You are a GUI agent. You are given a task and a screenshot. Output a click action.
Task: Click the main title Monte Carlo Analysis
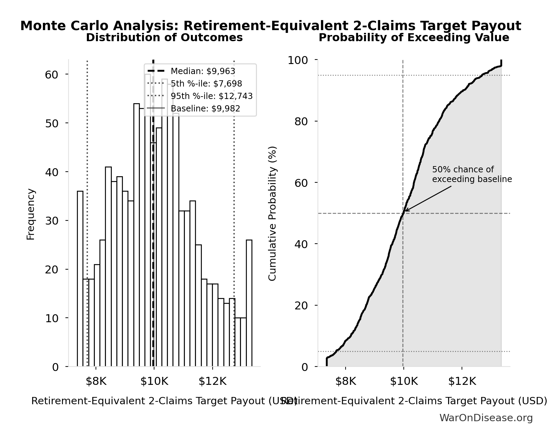(270, 26)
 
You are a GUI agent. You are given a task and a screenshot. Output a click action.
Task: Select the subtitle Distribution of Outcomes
(164, 37)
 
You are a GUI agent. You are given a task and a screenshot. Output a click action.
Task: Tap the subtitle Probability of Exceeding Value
(414, 37)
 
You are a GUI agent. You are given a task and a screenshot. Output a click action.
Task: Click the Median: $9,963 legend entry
(203, 71)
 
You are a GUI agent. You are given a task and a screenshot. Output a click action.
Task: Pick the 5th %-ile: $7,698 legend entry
(206, 84)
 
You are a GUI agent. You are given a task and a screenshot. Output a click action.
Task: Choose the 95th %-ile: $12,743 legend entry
(211, 96)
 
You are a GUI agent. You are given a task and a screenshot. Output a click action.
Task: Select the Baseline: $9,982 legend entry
(205, 109)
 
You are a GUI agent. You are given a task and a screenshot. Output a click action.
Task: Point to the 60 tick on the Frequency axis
(52, 75)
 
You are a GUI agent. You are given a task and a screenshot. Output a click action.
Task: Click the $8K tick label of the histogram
(96, 381)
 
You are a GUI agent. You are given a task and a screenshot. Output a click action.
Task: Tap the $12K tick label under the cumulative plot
(462, 381)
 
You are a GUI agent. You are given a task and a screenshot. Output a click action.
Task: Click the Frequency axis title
(31, 214)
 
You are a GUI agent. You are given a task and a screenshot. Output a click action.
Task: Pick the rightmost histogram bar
(249, 303)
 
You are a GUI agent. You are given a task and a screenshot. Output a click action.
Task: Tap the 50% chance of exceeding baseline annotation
(472, 174)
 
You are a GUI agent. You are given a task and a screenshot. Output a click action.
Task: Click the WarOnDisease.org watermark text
(486, 418)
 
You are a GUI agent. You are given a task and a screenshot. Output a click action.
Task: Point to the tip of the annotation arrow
(405, 211)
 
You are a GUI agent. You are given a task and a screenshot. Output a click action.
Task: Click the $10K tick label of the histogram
(154, 381)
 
